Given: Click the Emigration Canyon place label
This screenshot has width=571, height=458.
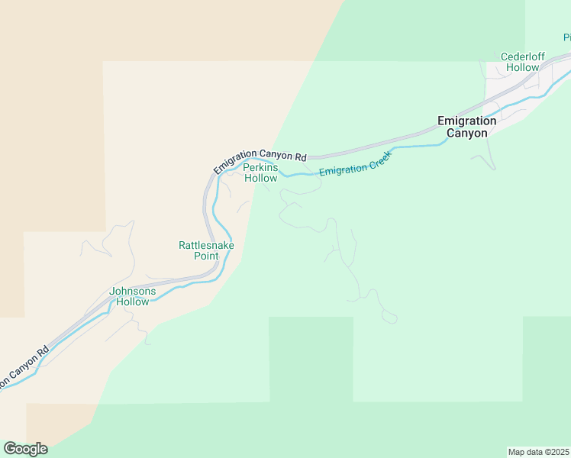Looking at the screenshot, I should coord(466,127).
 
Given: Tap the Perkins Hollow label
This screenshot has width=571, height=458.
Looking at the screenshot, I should coord(260,173).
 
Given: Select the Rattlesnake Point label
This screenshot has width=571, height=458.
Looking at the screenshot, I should coord(206,250).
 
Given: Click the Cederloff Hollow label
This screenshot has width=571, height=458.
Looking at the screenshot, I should coord(521,62).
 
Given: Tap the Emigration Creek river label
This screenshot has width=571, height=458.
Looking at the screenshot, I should coord(355,163).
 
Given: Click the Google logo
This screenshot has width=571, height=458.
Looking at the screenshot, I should coord(25,449).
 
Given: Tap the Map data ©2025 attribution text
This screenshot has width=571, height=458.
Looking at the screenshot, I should coord(539,451).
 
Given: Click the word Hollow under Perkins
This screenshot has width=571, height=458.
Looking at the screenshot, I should coord(260,178).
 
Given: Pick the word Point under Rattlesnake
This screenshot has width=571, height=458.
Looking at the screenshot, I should coord(206,256).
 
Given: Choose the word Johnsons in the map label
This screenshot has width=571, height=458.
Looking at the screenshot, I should coord(133,291).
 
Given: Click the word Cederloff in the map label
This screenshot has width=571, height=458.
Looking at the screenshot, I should coord(521,56).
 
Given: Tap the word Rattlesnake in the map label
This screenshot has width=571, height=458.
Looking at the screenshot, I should coord(206,245).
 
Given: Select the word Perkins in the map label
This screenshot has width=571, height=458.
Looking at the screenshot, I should coord(260,167).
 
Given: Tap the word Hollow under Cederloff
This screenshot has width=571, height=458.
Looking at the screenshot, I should coord(521,67).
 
